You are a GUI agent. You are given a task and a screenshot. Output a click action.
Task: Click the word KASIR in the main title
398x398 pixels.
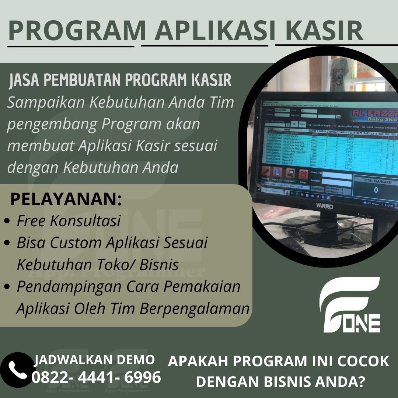pos(320,31)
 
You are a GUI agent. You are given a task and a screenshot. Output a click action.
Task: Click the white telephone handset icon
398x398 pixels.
pos(17,370)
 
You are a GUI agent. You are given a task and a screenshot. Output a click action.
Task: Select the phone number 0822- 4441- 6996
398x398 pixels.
pos(97,377)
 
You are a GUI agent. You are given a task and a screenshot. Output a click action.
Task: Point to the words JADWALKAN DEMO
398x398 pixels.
pos(94,359)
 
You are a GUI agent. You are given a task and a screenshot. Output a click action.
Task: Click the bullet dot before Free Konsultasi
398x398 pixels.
pos(7,222)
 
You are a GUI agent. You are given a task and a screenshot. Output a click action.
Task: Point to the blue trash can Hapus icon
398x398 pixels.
pos(277,172)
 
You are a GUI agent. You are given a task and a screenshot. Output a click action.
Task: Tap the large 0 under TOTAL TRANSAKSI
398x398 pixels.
pos(376,190)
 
